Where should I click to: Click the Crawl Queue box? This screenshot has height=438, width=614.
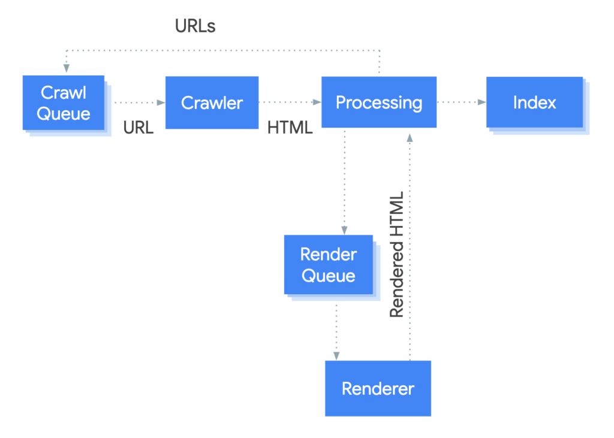(64, 102)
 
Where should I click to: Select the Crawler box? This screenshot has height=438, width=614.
(212, 102)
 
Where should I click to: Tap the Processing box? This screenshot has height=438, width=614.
(378, 102)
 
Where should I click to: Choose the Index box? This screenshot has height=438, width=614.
(534, 102)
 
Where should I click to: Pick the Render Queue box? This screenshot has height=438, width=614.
(328, 265)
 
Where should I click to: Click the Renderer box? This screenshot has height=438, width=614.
(378, 388)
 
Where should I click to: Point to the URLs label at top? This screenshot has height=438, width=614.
(195, 26)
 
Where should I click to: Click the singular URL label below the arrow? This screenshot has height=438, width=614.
(139, 127)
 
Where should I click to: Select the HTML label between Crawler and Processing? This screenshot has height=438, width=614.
(290, 127)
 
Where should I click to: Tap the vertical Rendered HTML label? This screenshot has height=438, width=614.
(396, 255)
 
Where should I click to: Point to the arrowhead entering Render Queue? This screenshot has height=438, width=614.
(344, 230)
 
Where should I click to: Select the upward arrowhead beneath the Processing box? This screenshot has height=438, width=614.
(410, 137)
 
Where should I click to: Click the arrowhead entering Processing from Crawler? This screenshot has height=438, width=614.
(317, 102)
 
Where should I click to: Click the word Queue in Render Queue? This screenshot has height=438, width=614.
(328, 276)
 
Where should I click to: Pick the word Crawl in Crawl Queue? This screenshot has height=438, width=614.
(64, 92)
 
